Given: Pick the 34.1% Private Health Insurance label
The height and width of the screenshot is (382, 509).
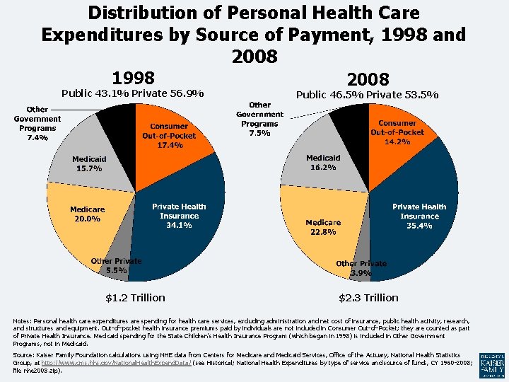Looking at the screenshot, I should click(179, 216).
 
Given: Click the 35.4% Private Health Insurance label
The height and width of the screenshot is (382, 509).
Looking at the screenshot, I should click(419, 216).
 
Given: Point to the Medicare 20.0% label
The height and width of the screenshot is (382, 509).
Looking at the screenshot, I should click(87, 214).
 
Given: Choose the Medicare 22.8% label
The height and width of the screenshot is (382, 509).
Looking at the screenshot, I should click(322, 227).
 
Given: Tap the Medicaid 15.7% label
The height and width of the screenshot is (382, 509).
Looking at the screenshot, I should click(89, 163).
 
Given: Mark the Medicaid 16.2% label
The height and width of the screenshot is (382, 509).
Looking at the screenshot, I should click(322, 163).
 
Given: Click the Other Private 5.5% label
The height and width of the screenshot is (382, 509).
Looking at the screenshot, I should click(116, 265).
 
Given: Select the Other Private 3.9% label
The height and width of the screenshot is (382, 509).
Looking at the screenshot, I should click(361, 268).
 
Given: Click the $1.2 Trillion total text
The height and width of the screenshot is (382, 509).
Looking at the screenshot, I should click(135, 298).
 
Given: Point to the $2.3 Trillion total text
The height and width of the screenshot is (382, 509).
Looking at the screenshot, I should click(368, 298).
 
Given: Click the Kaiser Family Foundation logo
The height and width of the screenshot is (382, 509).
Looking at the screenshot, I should click(492, 364).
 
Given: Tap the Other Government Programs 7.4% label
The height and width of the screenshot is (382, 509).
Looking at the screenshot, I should click(37, 124).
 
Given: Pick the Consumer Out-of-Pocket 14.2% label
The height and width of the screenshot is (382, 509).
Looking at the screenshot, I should click(397, 132).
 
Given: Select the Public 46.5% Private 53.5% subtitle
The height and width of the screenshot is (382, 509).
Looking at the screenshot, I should click(367, 95).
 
